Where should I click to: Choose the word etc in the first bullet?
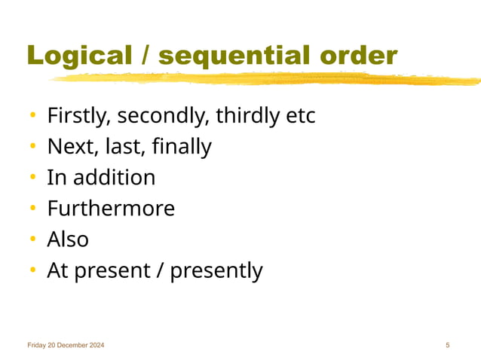(299, 117)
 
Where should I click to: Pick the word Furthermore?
(111, 209)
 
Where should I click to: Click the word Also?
(68, 239)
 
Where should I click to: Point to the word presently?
(216, 270)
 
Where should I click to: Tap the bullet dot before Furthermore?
(33, 209)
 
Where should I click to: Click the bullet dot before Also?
(33, 239)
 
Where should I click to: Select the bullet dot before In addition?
(33, 178)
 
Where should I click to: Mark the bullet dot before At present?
(33, 270)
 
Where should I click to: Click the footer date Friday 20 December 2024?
(66, 345)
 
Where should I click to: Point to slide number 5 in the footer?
(448, 345)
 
